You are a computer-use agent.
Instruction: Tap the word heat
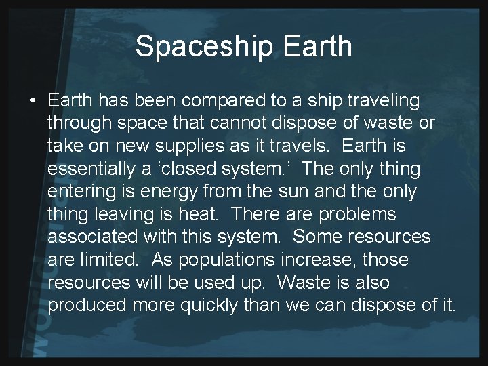coord(201,215)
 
